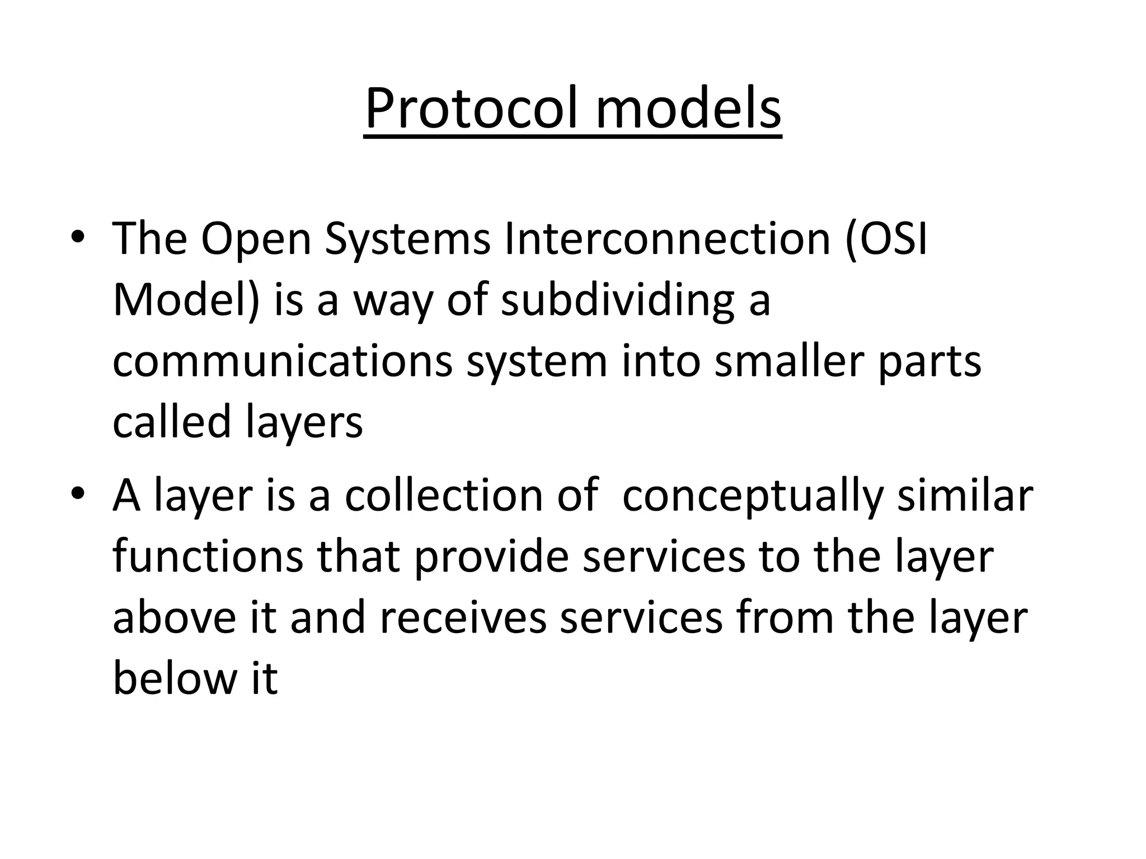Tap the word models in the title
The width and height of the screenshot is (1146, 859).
[688, 108]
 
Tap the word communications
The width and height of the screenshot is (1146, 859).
[283, 362]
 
